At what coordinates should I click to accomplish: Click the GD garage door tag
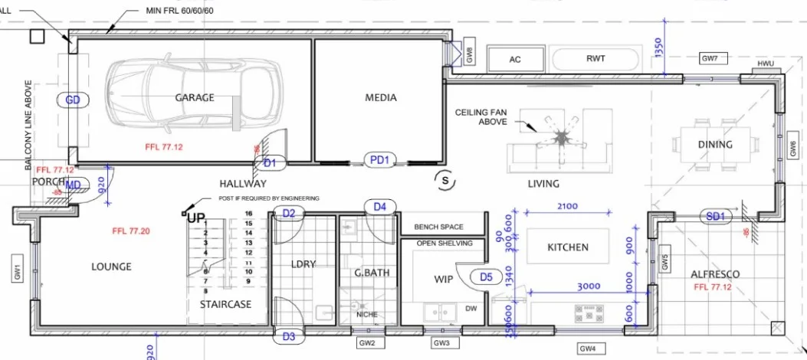pos(74,100)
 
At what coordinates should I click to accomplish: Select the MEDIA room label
pos(380,97)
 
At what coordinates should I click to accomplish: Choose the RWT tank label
pos(595,58)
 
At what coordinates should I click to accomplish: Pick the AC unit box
pos(515,59)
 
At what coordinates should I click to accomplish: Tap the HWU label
pos(766,64)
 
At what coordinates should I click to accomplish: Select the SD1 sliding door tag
pos(715,217)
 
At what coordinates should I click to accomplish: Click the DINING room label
pos(714,144)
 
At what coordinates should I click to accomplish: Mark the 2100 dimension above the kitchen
pos(567,207)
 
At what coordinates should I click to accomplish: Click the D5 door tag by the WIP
pos(486,277)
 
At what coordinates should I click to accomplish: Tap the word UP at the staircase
pos(196,218)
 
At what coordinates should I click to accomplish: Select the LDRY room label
pos(303,265)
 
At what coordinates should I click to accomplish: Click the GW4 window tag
pos(587,349)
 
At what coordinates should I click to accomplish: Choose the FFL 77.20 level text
pos(130,231)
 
